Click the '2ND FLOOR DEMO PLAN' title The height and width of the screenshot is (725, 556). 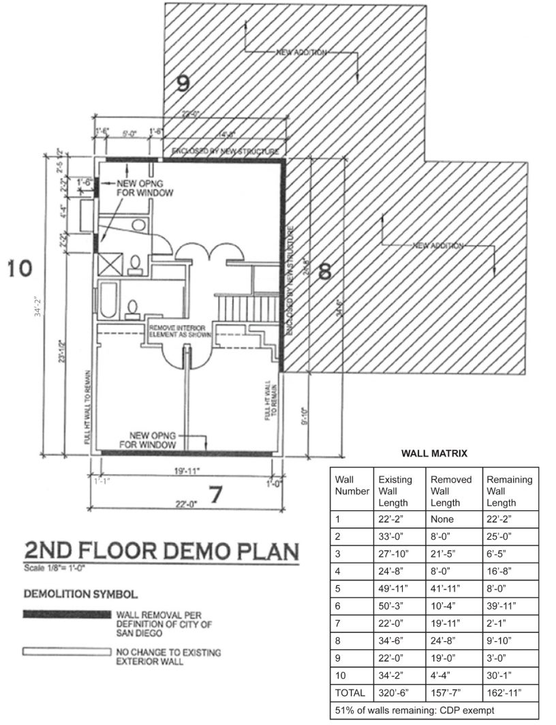(161, 551)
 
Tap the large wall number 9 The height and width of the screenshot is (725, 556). (183, 83)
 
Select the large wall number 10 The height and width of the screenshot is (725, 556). (20, 268)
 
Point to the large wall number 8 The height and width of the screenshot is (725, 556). (324, 271)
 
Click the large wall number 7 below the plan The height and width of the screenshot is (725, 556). (216, 495)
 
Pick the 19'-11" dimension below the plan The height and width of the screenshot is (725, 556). (187, 469)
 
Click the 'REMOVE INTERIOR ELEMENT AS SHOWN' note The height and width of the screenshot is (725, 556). (179, 332)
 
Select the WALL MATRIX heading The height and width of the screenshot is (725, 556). (434, 452)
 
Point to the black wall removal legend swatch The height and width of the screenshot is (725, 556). (67, 615)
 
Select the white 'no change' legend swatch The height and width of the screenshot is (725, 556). (67, 652)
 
